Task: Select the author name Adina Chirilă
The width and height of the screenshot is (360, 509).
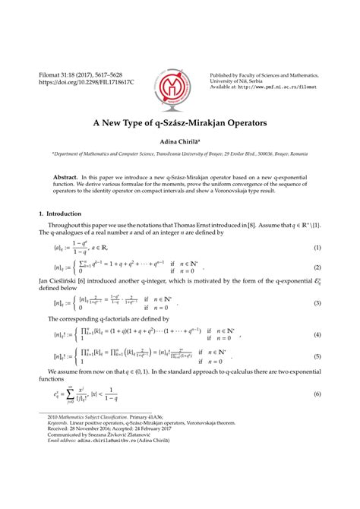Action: pos(179,141)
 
